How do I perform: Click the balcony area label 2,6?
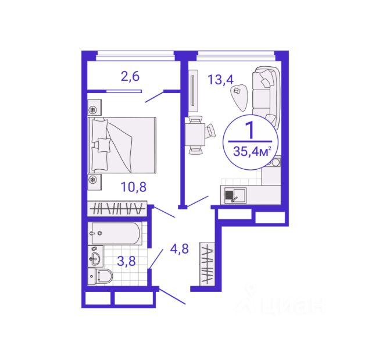(x=130, y=77)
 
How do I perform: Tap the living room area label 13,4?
(x=221, y=80)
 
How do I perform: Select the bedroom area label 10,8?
(x=134, y=187)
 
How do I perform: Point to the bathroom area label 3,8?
(x=127, y=261)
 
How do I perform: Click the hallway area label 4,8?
(x=180, y=249)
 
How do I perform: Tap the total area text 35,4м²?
(x=252, y=151)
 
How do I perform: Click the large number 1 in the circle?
(x=250, y=130)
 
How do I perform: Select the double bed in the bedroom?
(x=122, y=145)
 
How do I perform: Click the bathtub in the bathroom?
(x=115, y=234)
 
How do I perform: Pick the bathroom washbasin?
(x=95, y=256)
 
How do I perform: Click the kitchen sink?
(x=235, y=195)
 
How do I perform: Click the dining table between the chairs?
(x=195, y=134)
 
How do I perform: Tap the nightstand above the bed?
(x=95, y=108)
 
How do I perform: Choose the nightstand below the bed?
(x=95, y=182)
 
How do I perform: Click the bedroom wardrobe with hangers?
(x=117, y=209)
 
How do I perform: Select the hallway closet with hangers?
(x=208, y=264)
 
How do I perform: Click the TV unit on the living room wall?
(x=194, y=91)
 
